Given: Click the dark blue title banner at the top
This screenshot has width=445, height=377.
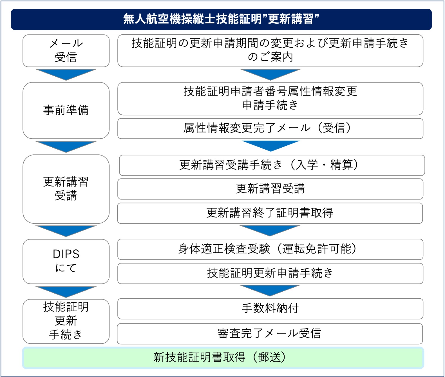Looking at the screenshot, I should (221, 19).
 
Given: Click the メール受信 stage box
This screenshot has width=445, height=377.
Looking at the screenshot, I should (66, 51).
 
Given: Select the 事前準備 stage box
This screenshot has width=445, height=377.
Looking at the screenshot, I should (66, 110).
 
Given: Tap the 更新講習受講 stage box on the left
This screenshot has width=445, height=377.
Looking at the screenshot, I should (66, 189).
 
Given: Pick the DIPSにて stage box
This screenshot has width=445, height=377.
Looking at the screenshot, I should (66, 261).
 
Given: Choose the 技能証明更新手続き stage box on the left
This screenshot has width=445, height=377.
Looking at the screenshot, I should (66, 321).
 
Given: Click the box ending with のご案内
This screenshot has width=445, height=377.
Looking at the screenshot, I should (270, 50).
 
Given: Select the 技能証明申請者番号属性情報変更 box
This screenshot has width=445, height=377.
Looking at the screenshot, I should (270, 98).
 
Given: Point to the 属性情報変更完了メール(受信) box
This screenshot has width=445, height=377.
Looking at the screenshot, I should (270, 128).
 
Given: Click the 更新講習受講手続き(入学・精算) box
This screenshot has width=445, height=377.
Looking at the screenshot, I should (272, 165).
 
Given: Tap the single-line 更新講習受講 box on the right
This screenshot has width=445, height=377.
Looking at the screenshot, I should (270, 189).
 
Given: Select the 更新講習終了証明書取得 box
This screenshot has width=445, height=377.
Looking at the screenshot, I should (270, 213).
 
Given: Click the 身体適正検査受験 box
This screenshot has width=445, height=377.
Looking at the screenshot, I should (270, 249).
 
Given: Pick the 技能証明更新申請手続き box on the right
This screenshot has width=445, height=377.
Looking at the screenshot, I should (270, 273).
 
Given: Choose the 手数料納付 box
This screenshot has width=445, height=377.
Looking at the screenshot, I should (270, 309).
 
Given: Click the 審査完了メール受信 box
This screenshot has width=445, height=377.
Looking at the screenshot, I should (270, 334).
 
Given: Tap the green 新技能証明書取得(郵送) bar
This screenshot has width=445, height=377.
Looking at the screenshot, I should (223, 358).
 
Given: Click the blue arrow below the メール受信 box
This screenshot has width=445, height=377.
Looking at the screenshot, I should (66, 74).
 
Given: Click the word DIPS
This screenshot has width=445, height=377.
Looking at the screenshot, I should (66, 254).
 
